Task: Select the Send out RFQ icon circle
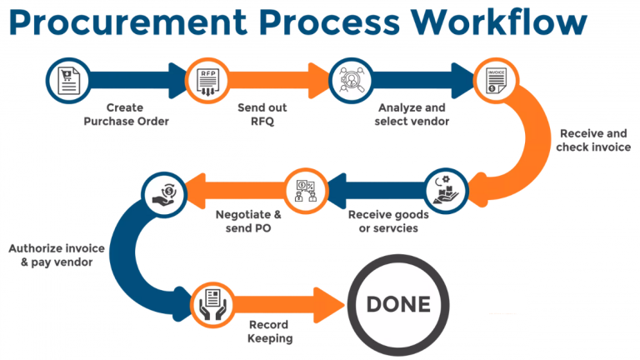click(x=206, y=80)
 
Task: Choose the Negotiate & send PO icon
click(x=305, y=190)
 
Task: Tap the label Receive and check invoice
click(x=592, y=141)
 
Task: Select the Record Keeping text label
click(x=269, y=332)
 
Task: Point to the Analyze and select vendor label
click(x=412, y=115)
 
